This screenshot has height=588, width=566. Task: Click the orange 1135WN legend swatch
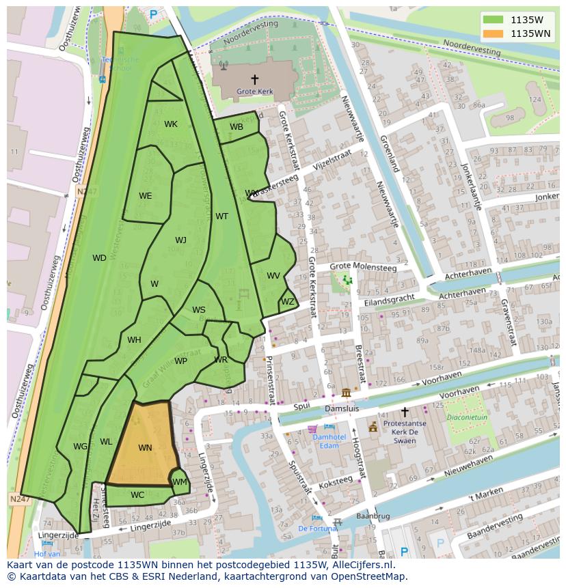[493, 33]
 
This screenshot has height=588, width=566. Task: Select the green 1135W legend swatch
[493, 20]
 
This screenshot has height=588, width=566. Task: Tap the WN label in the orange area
[145, 448]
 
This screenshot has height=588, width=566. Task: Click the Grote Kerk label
[254, 91]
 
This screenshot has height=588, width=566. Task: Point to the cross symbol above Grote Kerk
[255, 79]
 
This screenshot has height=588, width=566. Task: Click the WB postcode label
[237, 127]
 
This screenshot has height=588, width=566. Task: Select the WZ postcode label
[288, 302]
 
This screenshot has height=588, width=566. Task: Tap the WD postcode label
[99, 258]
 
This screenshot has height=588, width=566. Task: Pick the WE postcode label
[146, 196]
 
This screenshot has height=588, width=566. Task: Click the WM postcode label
[180, 482]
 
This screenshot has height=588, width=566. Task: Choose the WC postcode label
[137, 495]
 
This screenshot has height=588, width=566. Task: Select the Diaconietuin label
[467, 417]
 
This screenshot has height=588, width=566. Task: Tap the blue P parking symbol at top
[153, 14]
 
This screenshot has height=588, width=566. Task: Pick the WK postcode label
[171, 124]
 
